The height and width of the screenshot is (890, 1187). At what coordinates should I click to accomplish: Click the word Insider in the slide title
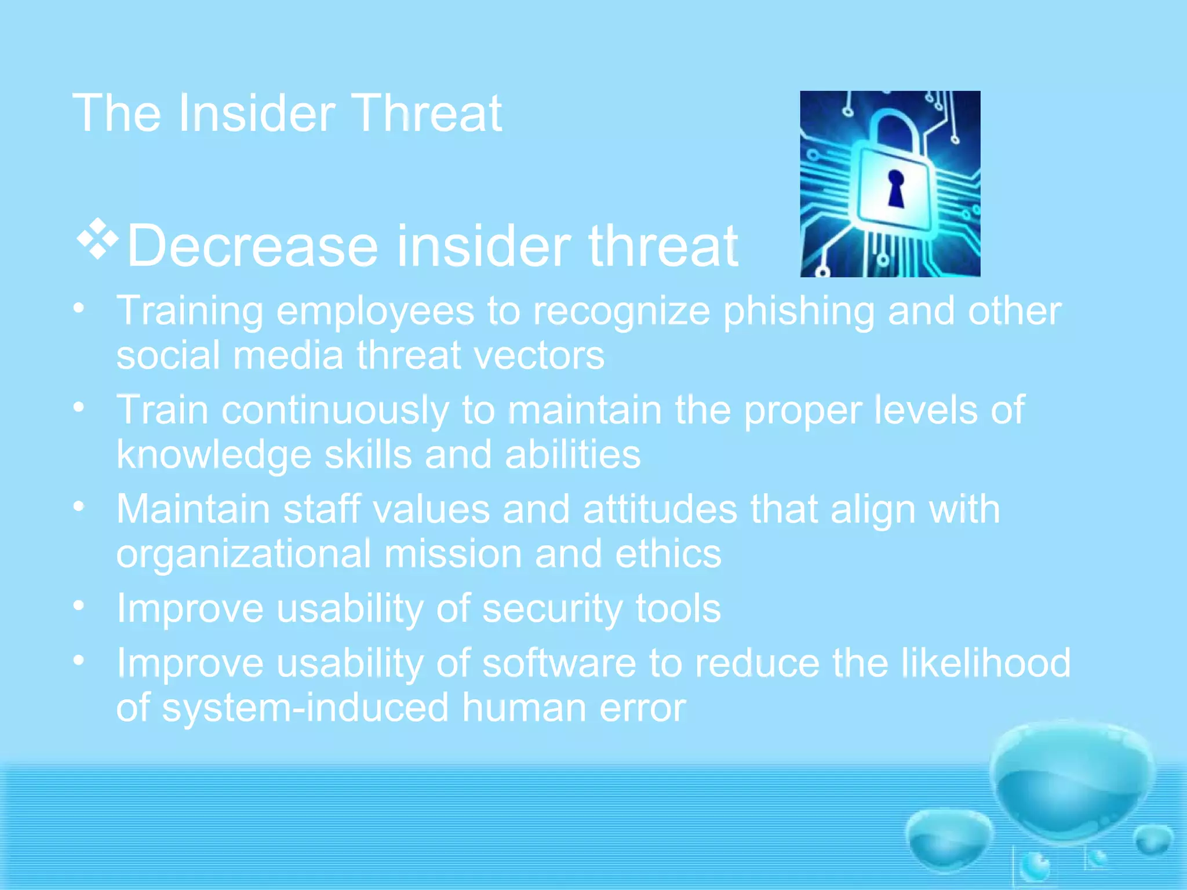257,114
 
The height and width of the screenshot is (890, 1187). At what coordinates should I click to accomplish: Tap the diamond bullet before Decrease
97,238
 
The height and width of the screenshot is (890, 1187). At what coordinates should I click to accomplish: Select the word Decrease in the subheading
252,247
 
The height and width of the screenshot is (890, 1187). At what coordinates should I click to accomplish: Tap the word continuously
335,411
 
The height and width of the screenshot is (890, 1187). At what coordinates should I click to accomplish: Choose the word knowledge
214,455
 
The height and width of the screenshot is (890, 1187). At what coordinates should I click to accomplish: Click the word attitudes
660,510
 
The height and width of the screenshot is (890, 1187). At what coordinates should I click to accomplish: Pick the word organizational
243,555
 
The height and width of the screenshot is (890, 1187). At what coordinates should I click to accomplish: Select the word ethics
668,554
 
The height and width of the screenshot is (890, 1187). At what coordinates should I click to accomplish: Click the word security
552,608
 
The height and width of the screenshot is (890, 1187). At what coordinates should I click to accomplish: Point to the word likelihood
986,663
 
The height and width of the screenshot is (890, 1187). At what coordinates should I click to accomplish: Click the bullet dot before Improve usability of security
79,606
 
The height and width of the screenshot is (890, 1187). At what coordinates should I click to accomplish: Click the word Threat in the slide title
427,114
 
